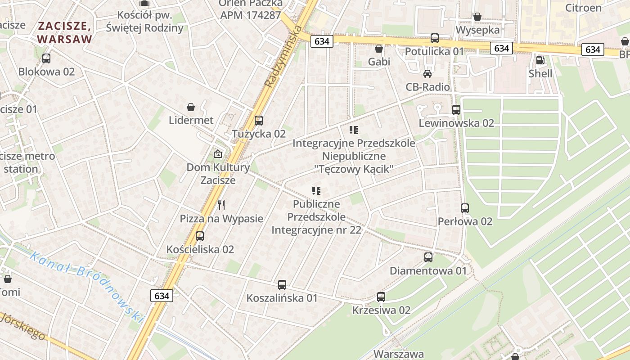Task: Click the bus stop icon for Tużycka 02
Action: click(258, 121)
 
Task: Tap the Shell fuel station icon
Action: click(540, 60)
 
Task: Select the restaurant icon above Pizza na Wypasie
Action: click(221, 205)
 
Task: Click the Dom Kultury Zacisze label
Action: click(218, 174)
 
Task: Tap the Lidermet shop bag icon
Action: click(191, 107)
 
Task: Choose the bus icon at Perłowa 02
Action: click(465, 208)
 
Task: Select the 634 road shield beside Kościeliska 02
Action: click(162, 296)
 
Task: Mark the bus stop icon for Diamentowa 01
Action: click(428, 257)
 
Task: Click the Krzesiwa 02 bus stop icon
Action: click(381, 297)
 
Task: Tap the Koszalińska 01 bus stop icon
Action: click(282, 285)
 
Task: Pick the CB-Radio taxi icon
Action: click(427, 74)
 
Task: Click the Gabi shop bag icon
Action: click(379, 48)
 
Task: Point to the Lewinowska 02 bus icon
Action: click(456, 110)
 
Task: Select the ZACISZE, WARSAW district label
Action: click(65, 33)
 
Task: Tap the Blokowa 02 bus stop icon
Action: click(46, 58)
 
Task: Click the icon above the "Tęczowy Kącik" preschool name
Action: click(354, 130)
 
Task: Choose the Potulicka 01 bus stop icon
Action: click(434, 38)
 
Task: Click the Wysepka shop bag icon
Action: click(477, 17)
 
